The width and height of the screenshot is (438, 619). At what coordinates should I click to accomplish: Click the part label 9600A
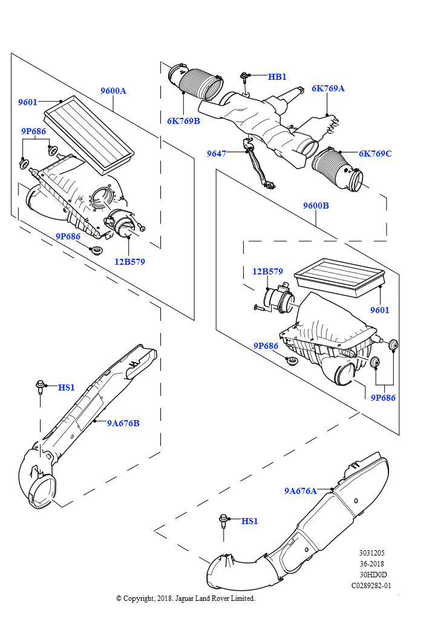coord(113,91)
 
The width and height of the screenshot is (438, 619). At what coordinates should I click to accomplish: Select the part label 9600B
coord(316,206)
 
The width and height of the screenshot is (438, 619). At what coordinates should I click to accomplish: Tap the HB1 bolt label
coord(277,77)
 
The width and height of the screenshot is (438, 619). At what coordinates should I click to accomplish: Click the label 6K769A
coord(328,88)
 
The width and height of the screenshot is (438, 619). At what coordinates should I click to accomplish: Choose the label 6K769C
coord(375,154)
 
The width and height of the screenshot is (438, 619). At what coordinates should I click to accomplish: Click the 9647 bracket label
coord(216,154)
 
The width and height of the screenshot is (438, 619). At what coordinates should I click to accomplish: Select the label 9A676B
coord(123,423)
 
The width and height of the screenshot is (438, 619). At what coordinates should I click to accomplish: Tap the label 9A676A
coord(301,491)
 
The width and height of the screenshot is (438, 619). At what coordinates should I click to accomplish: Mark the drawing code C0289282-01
coord(371,585)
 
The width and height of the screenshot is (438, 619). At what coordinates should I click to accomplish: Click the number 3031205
coord(371,553)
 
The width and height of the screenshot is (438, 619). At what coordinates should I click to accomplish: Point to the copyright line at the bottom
coord(186,598)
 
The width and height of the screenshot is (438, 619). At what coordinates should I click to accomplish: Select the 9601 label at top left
coord(28,102)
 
